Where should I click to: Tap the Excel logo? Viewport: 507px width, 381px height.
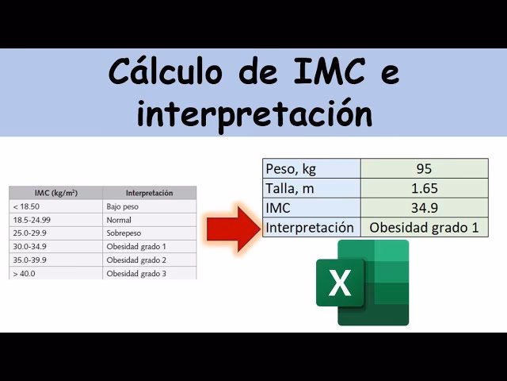point(363,282)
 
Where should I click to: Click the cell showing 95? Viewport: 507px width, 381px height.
point(424,168)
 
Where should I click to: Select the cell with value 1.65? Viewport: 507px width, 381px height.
point(424,188)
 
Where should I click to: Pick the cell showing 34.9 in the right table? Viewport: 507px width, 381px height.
point(424,208)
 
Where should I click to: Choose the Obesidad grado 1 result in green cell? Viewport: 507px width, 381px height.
point(424,228)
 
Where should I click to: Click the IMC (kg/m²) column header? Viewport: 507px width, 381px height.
point(55,193)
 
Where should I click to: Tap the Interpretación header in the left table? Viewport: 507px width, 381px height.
point(149,193)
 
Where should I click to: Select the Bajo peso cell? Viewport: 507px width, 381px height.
point(149,206)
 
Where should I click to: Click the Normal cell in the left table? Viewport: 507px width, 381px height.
point(149,220)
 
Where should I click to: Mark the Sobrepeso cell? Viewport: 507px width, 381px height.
point(149,233)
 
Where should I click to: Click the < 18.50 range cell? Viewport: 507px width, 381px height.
point(55,206)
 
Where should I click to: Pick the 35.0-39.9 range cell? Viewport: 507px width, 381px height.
point(55,260)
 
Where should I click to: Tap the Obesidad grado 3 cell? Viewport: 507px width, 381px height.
point(149,274)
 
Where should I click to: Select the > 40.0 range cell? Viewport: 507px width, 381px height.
point(55,274)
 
